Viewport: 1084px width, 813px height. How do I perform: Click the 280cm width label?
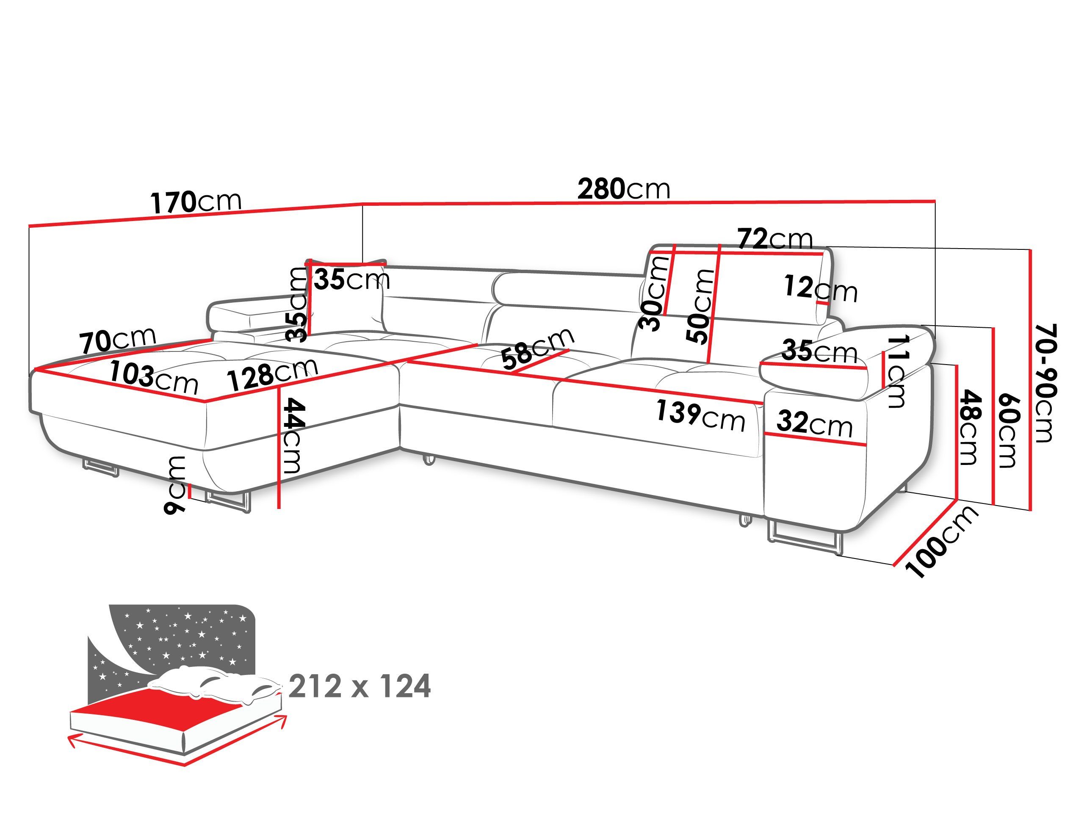(x=623, y=189)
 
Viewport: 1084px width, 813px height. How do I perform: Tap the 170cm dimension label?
(x=196, y=202)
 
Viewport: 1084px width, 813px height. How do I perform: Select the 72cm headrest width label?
(x=775, y=240)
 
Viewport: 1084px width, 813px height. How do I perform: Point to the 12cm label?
(x=820, y=289)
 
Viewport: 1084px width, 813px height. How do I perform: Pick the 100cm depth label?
(x=941, y=542)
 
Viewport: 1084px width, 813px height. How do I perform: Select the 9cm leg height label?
(x=175, y=484)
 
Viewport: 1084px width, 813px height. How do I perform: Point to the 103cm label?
(x=153, y=378)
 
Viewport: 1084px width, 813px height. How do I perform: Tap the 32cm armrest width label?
(x=814, y=423)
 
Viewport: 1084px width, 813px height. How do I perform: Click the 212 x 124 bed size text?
(x=359, y=686)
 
